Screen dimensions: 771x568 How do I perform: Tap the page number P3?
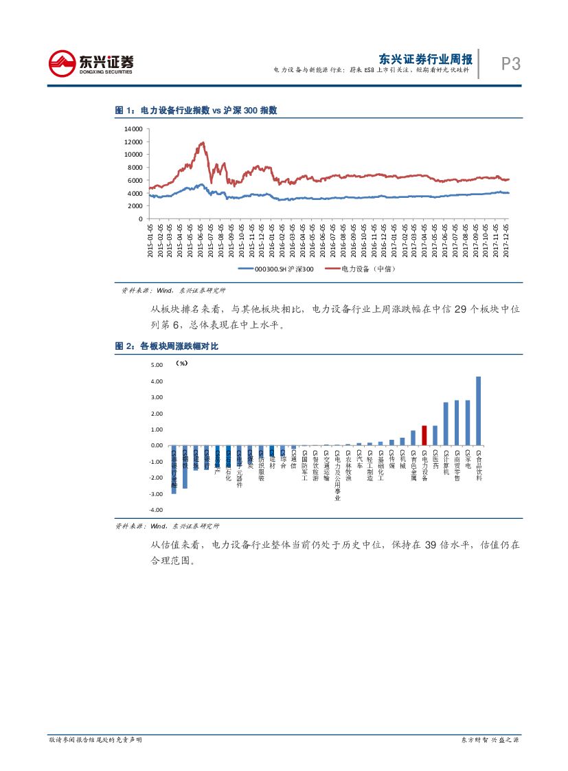click(510, 64)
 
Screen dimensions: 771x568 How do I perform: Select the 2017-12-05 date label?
click(507, 238)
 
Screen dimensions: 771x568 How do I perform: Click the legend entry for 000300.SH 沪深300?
click(275, 269)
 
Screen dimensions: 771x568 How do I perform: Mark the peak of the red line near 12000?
click(202, 143)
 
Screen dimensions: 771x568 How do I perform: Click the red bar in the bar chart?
click(424, 436)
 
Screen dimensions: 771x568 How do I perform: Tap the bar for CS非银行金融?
click(174, 469)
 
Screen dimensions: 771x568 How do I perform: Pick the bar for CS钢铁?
click(185, 467)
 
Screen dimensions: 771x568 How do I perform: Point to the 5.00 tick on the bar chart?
click(156, 365)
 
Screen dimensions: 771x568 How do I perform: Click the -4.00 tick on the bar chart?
click(155, 510)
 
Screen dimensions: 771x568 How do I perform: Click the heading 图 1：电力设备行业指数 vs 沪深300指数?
click(195, 110)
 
